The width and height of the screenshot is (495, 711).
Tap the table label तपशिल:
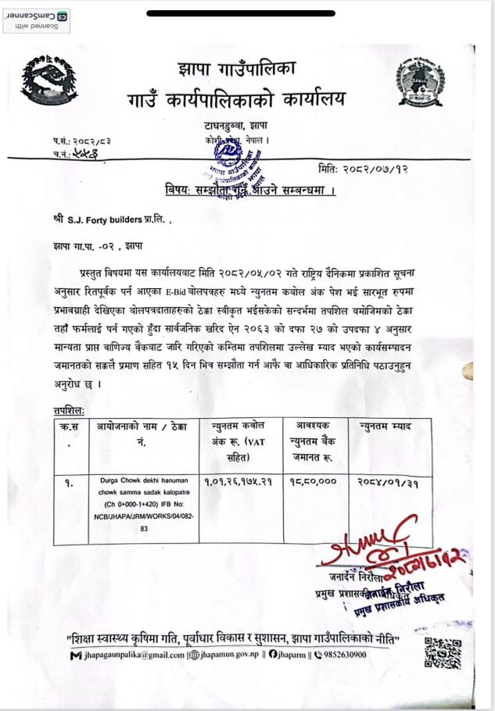click(x=70, y=409)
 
